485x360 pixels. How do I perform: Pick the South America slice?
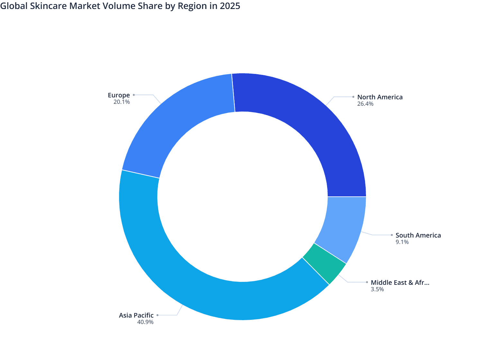[344, 225]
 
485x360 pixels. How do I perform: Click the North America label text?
[380, 97]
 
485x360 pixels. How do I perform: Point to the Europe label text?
[119, 95]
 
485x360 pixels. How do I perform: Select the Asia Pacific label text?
[136, 315]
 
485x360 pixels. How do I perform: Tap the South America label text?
[418, 235]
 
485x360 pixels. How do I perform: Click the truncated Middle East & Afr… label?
[400, 283]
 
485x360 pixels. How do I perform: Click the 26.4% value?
[365, 104]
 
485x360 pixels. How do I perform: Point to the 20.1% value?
[122, 102]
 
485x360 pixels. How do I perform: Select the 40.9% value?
[145, 322]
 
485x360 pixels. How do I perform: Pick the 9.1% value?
[402, 242]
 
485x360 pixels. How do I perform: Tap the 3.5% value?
[377, 289]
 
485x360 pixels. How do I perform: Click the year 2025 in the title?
[230, 6]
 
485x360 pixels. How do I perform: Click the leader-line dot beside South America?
[392, 235]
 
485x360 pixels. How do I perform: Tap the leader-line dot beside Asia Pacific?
[158, 315]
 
